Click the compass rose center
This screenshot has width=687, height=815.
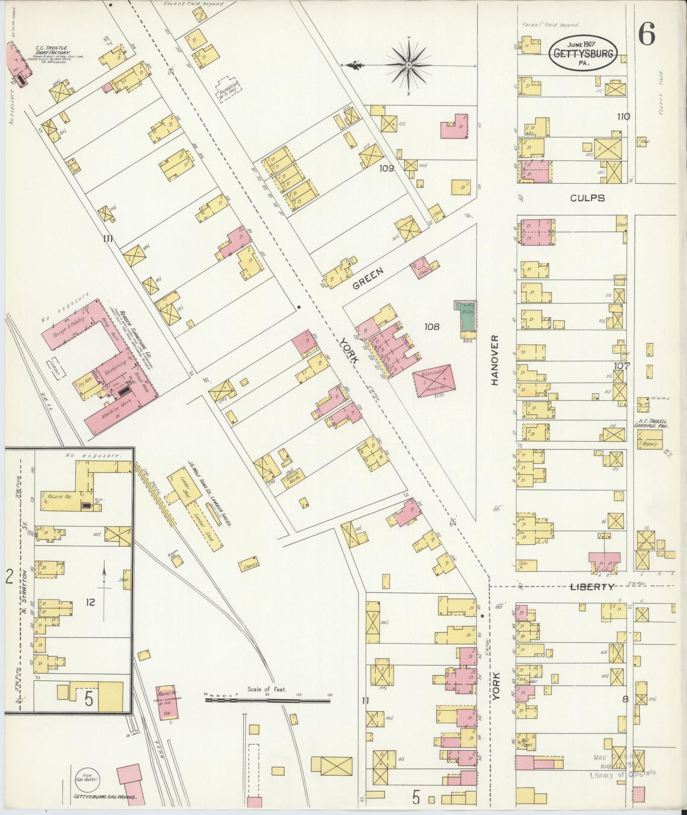point(408,65)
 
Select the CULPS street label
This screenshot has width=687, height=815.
point(588,198)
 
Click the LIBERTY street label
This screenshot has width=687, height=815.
point(591,587)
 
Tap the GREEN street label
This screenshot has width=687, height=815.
point(368,278)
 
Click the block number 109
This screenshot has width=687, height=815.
point(387,168)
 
